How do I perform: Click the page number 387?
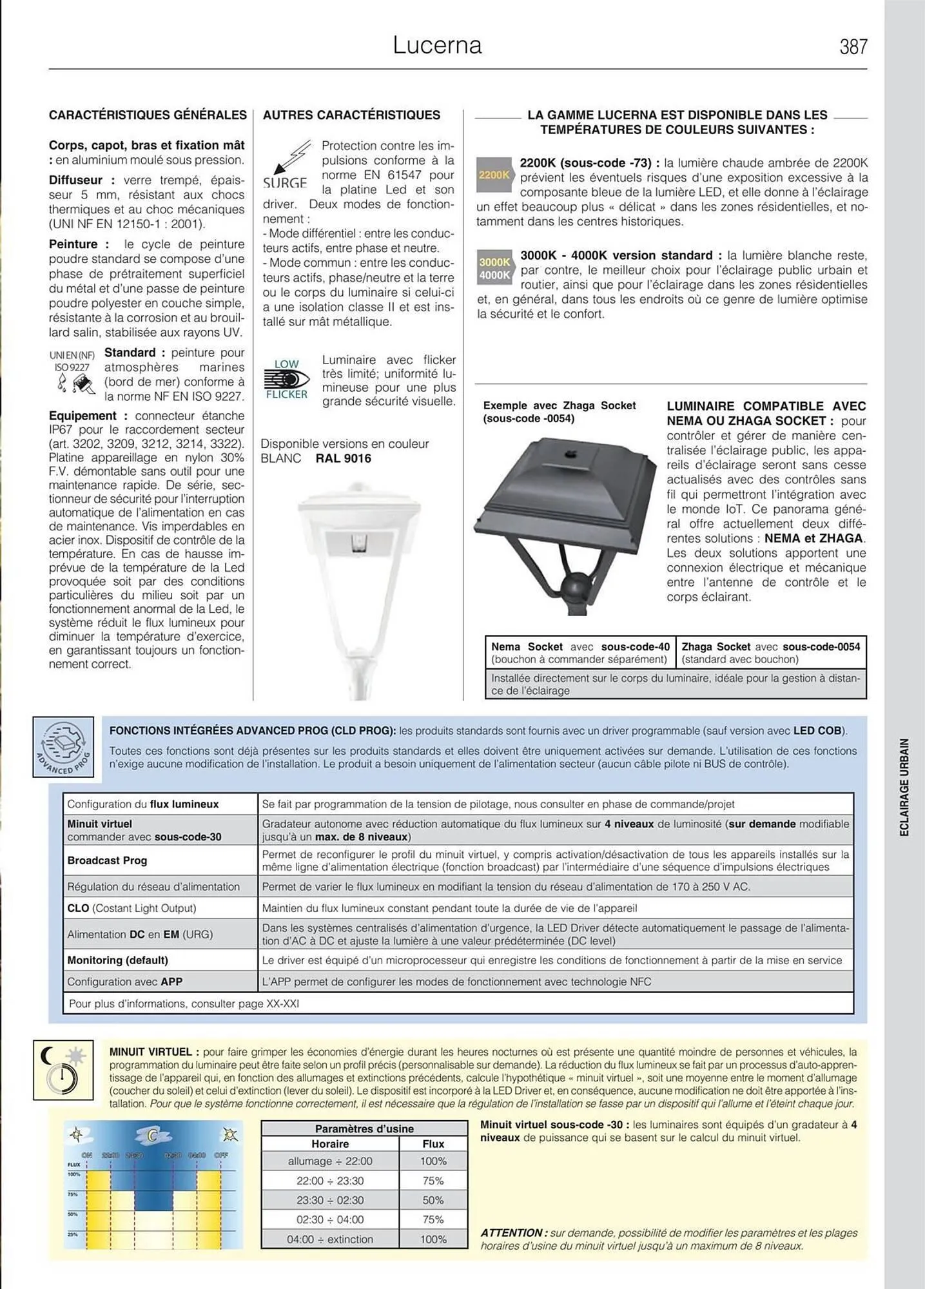[853, 46]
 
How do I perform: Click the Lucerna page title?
[437, 45]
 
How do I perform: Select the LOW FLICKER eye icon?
[286, 380]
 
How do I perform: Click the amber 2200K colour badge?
[494, 175]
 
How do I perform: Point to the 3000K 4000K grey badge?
[494, 268]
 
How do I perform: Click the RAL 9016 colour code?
[343, 458]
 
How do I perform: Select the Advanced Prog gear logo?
[63, 746]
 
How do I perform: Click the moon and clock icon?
[63, 1070]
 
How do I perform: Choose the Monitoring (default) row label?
[117, 960]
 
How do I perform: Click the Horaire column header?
[330, 1143]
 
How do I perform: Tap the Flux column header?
[433, 1143]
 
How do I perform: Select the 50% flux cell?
[433, 1200]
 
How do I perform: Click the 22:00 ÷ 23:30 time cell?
[330, 1181]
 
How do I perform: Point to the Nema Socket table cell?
[580, 652]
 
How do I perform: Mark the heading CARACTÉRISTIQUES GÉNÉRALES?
[148, 115]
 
